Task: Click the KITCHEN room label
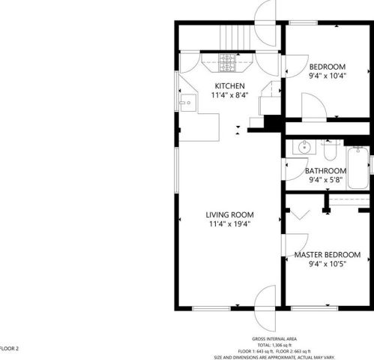coord(229,86)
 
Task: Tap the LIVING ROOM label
coord(229,214)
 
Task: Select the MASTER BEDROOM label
coord(328,255)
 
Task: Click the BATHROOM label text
coord(325,171)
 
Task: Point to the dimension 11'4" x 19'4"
coord(229,223)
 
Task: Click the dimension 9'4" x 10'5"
coord(328,264)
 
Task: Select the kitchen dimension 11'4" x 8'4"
coord(229,95)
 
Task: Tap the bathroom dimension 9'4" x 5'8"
coord(325,180)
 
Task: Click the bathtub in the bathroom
coord(358,168)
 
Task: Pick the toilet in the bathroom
coord(330,150)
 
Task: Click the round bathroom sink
coord(304,147)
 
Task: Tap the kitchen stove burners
coord(227,63)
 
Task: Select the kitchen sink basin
coord(188,103)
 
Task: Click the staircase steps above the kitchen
coord(235,37)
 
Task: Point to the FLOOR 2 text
coord(9,349)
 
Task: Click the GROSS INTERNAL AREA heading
coord(274,339)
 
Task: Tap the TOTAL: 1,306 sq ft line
coord(274,345)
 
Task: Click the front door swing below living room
coord(265,308)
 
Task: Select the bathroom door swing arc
coord(296,169)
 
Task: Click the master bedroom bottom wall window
coord(314,308)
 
